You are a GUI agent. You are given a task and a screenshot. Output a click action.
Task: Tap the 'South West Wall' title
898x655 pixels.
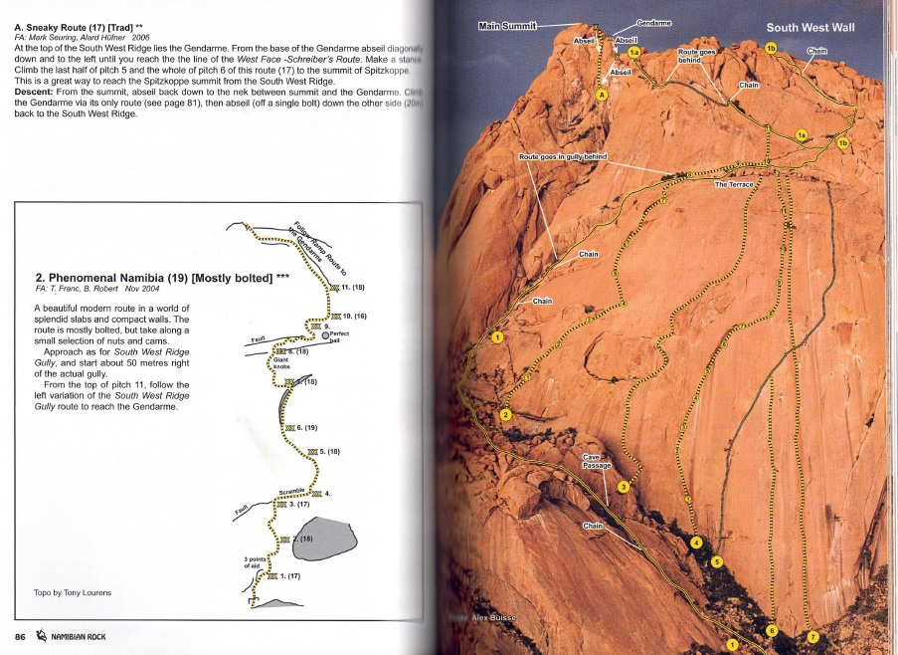[809, 28]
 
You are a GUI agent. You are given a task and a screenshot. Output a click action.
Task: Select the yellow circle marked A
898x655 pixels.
[601, 95]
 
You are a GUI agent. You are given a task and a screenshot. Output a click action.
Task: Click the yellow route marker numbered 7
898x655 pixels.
[812, 637]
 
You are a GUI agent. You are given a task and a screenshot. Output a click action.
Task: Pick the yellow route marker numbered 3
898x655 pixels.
[624, 487]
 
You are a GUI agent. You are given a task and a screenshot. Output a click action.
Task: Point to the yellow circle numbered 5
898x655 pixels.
[717, 561]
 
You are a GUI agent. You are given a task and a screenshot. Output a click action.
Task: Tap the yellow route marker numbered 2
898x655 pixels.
[505, 414]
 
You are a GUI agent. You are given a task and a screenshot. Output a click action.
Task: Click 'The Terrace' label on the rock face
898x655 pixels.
[734, 184]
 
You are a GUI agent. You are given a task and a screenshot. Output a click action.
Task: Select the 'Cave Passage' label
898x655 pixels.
[596, 461]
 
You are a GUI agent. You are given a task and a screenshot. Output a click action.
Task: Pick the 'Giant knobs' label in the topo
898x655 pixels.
[282, 362]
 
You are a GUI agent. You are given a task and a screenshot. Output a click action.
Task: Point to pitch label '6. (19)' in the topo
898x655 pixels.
[305, 428]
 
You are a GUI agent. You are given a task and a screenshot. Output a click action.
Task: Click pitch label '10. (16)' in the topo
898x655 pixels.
[353, 316]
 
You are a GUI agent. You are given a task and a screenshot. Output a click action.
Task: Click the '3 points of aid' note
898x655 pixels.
[256, 562]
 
